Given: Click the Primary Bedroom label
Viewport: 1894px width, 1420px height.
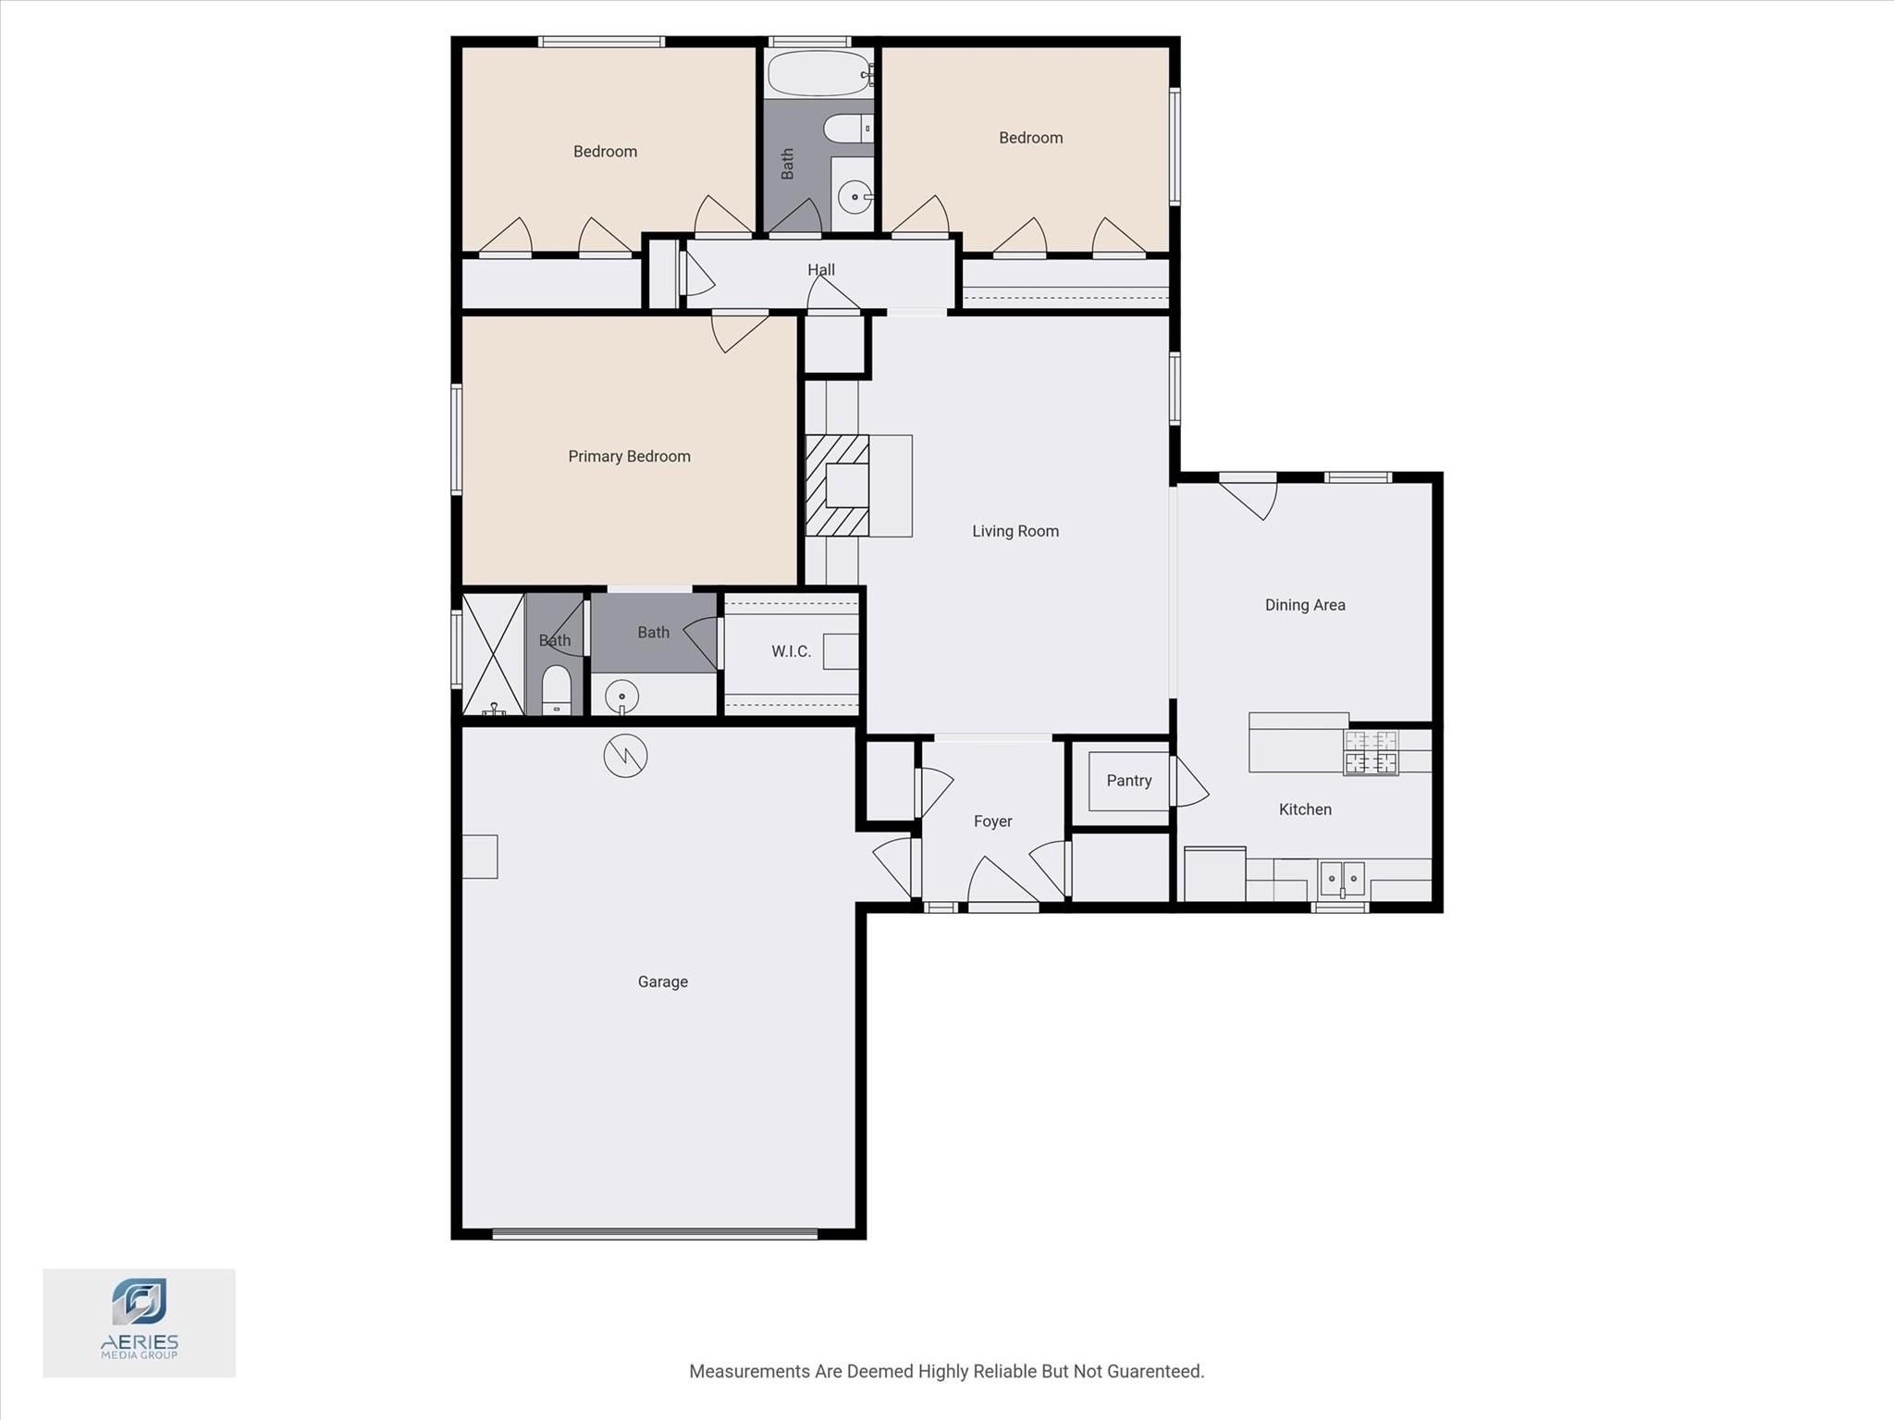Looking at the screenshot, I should pos(629,456).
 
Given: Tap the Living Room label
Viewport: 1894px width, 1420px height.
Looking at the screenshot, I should pos(1015,531).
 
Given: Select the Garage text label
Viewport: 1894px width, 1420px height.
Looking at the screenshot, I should pos(662,982).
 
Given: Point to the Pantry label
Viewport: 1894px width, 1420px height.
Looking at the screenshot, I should pos(1128,781).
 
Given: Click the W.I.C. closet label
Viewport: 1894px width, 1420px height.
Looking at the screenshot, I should pos(791,651).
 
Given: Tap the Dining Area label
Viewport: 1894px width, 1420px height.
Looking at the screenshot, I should pos(1304,605).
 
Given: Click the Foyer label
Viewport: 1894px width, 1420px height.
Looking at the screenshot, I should pos(992,821).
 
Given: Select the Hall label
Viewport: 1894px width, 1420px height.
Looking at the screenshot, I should pos(820,270).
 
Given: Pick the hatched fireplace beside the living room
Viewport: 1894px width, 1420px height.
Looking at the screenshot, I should pos(836,486).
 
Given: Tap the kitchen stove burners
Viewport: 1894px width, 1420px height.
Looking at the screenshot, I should pos(1371,752).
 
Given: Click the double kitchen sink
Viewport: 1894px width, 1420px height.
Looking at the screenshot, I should pos(1342,877).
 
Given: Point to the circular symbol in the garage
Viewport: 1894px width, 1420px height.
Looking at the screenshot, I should pos(625,756).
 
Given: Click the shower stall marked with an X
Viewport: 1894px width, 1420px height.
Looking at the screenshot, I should pos(493,653).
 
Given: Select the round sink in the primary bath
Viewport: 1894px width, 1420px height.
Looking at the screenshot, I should pos(622,696).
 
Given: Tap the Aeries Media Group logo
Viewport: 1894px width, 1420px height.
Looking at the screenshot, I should pos(140,1321).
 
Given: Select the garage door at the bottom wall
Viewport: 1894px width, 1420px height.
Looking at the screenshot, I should pos(655,1233).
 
